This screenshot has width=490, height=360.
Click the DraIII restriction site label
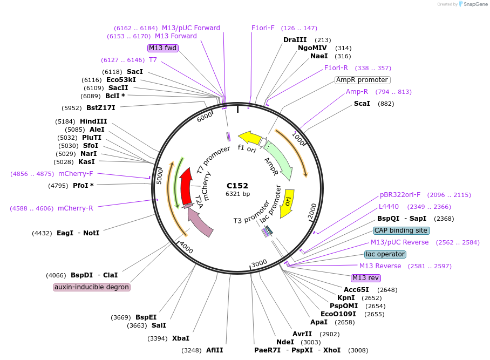click(295, 40)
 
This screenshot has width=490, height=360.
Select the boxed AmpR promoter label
click(362, 80)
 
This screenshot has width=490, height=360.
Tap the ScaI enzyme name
click(362, 104)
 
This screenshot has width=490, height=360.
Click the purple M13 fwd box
click(163, 48)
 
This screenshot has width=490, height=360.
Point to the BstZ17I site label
click(101, 108)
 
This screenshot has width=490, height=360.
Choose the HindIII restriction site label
click(93, 121)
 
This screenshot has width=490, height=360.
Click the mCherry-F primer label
click(76, 174)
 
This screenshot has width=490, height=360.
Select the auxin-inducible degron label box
click(92, 287)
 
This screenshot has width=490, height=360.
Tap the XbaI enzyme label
click(181, 338)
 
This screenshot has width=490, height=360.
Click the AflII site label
click(214, 350)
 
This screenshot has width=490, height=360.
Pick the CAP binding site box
click(401, 230)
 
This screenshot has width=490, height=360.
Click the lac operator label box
click(385, 254)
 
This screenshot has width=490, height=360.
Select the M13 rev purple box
click(365, 278)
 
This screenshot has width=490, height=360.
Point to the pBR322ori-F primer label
click(400, 195)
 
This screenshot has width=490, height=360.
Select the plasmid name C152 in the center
click(237, 186)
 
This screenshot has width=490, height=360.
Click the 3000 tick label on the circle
click(259, 263)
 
